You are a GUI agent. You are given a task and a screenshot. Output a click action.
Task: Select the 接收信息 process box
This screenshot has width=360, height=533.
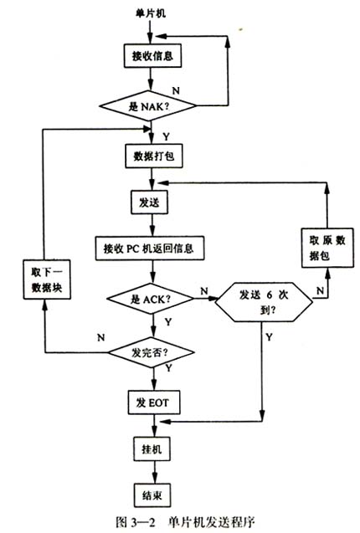pyautogui.click(x=151, y=57)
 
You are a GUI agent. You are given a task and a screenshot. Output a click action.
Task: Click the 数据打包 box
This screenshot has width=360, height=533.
pyautogui.click(x=151, y=156)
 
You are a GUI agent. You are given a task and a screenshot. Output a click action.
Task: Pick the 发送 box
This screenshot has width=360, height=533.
pyautogui.click(x=143, y=202)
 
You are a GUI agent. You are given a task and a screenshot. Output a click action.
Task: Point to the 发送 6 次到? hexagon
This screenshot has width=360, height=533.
pyautogui.click(x=265, y=302)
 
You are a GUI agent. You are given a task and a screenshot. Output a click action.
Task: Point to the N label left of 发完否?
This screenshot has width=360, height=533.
pyautogui.click(x=101, y=337)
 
